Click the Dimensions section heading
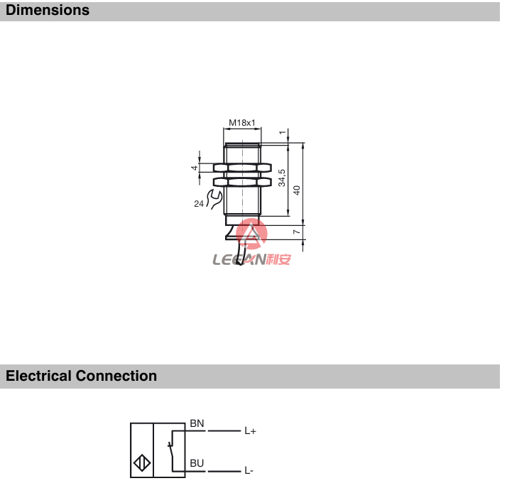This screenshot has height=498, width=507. pyautogui.click(x=48, y=11)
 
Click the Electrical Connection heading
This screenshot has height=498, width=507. pyautogui.click(x=81, y=376)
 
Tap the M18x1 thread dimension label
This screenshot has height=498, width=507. pyautogui.click(x=242, y=123)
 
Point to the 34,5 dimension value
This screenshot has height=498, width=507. pyautogui.click(x=282, y=178)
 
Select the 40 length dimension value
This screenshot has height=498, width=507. pyautogui.click(x=297, y=190)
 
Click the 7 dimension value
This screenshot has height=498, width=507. pyautogui.click(x=296, y=232)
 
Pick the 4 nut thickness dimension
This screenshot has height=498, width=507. pyautogui.click(x=194, y=168)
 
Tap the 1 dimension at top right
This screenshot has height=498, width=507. pyautogui.click(x=283, y=132)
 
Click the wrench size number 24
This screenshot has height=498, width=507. pyautogui.click(x=199, y=204)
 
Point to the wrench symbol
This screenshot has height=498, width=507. pyautogui.click(x=214, y=199)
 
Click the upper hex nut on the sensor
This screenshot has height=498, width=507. pyautogui.click(x=242, y=168)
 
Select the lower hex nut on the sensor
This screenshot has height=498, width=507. pyautogui.click(x=242, y=182)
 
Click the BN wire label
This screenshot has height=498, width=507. pyautogui.click(x=197, y=423)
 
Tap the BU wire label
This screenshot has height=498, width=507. pyautogui.click(x=197, y=463)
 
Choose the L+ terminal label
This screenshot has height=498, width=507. pyautogui.click(x=250, y=431)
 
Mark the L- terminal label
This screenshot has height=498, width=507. pyautogui.click(x=249, y=471)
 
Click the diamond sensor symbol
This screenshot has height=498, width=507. pyautogui.click(x=142, y=463)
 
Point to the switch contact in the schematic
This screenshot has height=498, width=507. pyautogui.click(x=171, y=449)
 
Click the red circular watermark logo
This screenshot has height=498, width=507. pyautogui.click(x=251, y=234)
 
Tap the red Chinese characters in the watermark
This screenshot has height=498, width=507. pyautogui.click(x=278, y=259)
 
